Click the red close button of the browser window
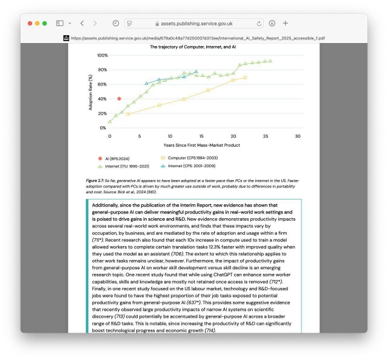28,23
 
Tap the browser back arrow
82,23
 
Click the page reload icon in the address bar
259,23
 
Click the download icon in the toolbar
272,23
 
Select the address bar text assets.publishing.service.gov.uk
195,23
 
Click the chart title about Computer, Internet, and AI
193,47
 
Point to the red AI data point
119,98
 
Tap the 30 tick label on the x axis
298,136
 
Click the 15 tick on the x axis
204,136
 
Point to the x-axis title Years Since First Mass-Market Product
201,145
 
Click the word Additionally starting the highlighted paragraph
109,205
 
